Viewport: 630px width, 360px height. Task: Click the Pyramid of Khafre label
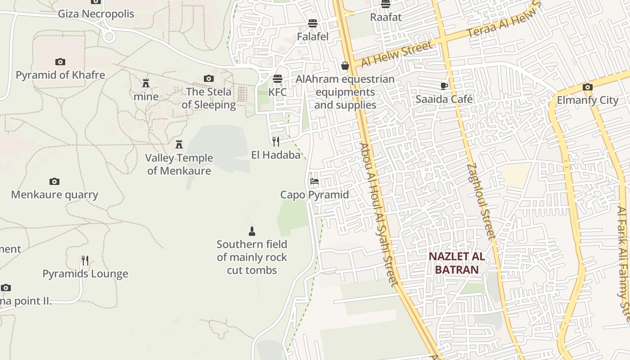pos(60,75)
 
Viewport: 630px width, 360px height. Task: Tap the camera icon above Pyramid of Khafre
pos(60,62)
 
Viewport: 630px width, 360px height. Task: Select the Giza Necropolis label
pos(96,13)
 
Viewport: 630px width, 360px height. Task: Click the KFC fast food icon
pos(278,79)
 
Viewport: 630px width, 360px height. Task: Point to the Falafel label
pos(313,36)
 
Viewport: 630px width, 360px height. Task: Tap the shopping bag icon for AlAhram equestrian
pos(345,66)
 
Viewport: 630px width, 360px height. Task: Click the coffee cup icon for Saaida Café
pos(444,86)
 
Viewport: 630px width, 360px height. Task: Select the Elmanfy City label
pos(588,100)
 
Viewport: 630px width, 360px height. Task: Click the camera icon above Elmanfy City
pos(587,87)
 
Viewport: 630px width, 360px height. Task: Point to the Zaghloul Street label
pos(481,201)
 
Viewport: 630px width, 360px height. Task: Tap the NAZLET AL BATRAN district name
pos(456,263)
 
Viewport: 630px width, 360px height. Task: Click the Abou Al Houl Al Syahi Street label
pos(378,214)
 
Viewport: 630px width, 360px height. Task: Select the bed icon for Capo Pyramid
pos(315,181)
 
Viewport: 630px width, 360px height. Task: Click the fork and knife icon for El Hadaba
pos(276,141)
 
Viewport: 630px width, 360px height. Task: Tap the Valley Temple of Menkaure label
pos(179,164)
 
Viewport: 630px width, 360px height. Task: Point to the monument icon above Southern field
pos(252,231)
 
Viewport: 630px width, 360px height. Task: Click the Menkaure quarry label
pos(54,194)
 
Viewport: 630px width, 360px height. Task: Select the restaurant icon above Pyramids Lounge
pos(85,261)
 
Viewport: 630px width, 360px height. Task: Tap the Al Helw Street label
pos(396,54)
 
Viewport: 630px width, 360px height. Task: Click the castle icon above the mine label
pos(146,83)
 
